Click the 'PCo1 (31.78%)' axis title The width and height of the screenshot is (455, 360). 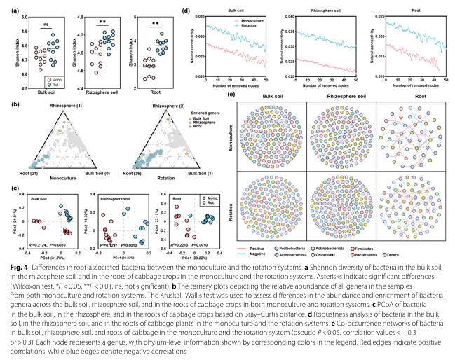click(x=50, y=247)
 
